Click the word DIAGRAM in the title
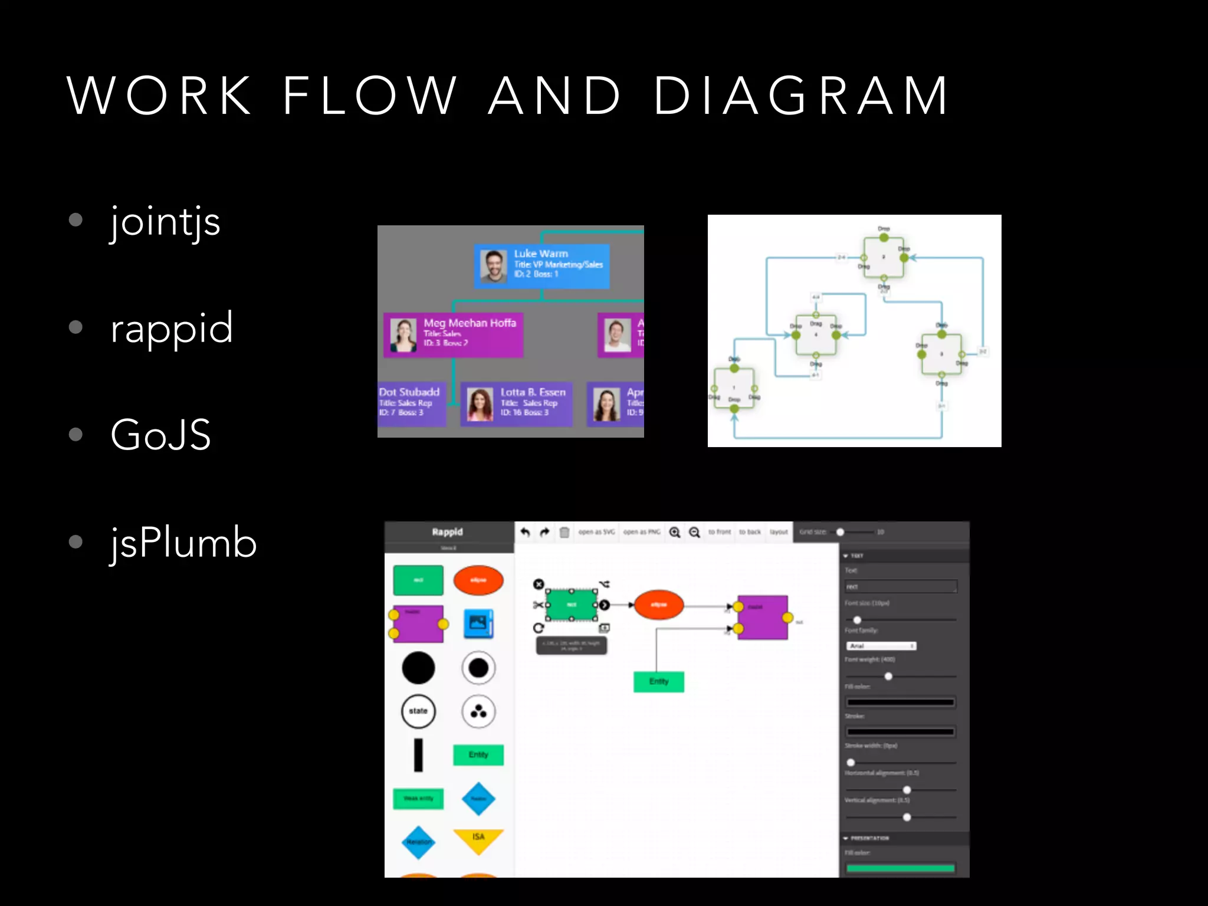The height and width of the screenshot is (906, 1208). click(801, 96)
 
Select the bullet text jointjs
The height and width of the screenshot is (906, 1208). click(165, 222)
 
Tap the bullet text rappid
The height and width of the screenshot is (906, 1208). click(172, 328)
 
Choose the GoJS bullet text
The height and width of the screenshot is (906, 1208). click(160, 435)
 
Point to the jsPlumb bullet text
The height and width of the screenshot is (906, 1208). click(183, 542)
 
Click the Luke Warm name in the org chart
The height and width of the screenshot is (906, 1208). click(541, 254)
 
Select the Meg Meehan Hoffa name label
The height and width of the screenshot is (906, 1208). click(470, 323)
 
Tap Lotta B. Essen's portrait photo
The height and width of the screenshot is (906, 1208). click(480, 404)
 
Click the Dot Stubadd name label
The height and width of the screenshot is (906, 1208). click(409, 392)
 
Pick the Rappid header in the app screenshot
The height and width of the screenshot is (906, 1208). click(448, 532)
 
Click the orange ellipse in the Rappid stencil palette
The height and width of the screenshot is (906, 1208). click(478, 580)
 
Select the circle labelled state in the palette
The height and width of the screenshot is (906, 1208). click(418, 711)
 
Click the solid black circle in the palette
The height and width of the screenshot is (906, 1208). click(418, 668)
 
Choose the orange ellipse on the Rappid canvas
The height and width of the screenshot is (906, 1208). click(659, 605)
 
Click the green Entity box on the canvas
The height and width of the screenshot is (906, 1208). click(659, 682)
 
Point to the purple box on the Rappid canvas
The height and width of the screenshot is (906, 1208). click(763, 618)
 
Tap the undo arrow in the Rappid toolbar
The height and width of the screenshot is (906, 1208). click(525, 532)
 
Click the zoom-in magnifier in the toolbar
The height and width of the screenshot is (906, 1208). click(675, 532)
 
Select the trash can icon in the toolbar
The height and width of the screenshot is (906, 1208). click(564, 532)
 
